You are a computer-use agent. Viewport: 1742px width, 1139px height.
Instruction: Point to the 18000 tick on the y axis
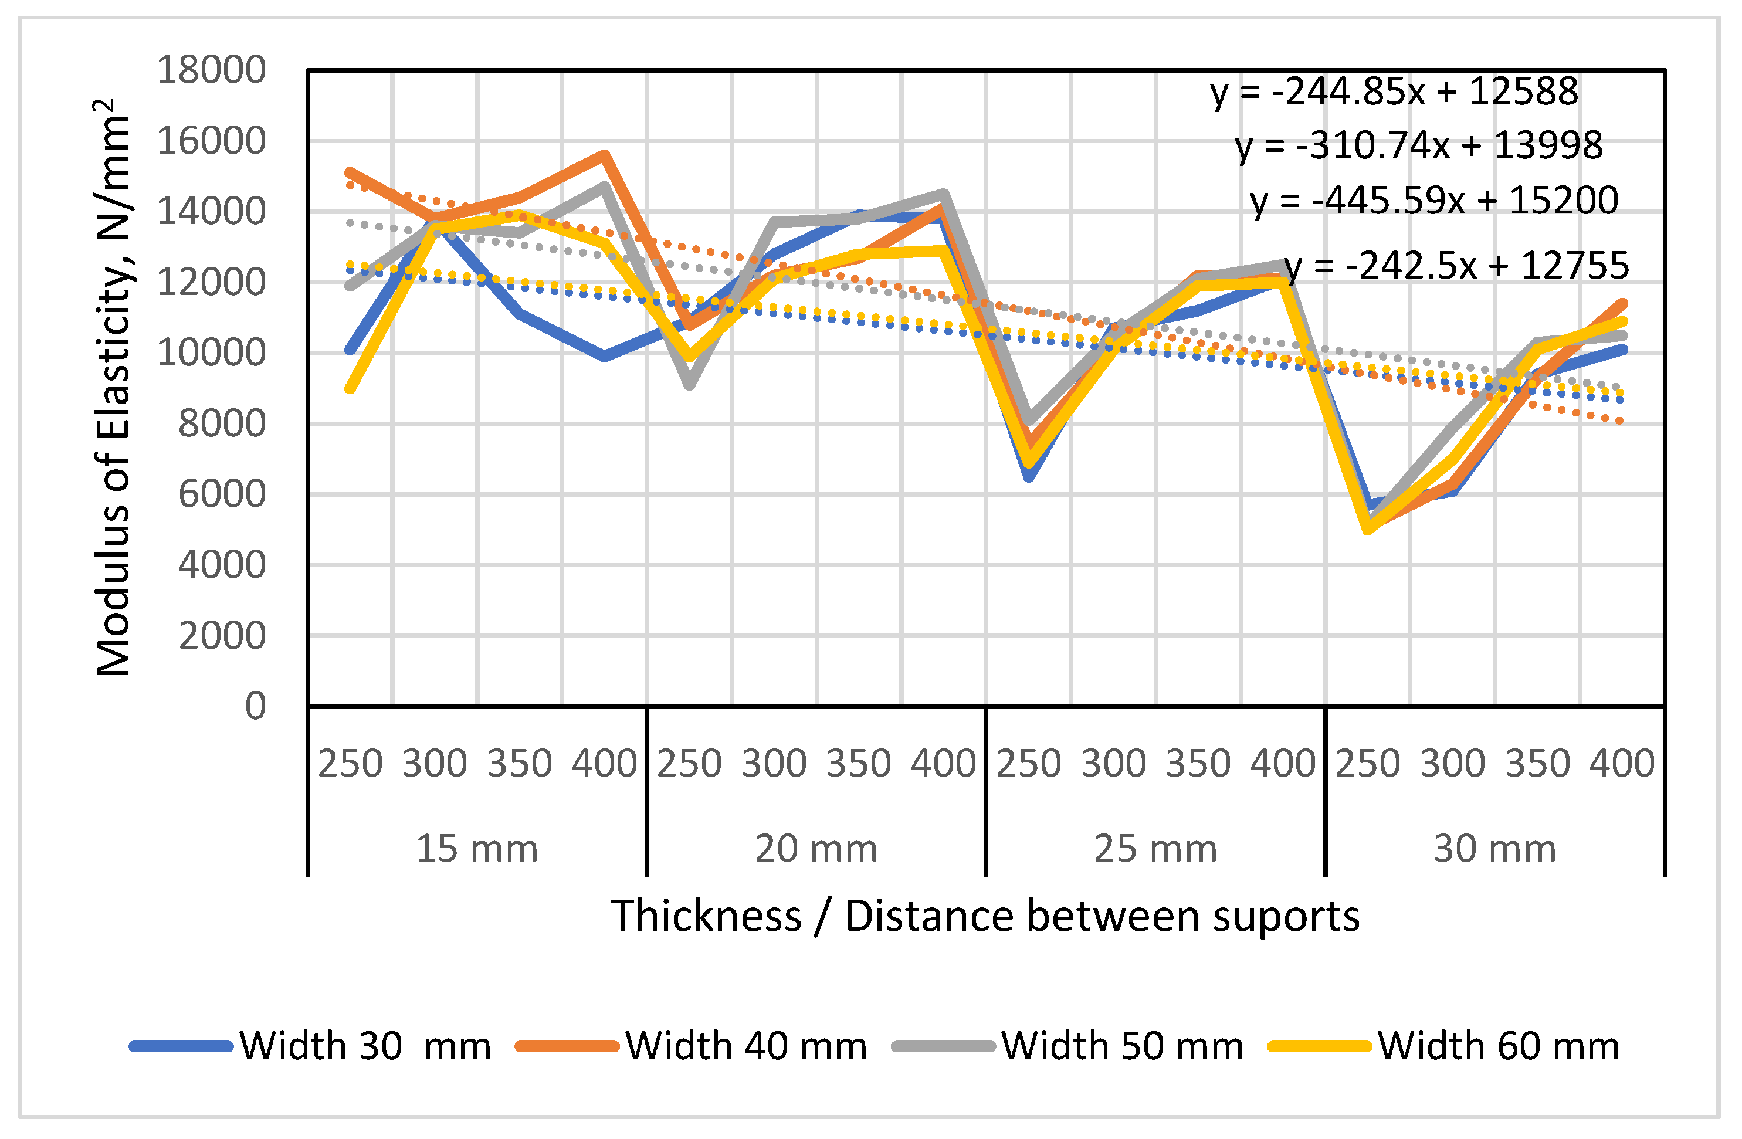(x=211, y=70)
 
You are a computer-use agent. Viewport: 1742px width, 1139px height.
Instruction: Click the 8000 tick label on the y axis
(x=221, y=424)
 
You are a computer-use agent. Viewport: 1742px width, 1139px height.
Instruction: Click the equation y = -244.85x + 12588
(x=1394, y=92)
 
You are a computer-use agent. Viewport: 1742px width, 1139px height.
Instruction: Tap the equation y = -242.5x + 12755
(x=1456, y=266)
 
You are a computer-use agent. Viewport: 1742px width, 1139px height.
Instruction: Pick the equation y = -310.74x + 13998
(x=1418, y=145)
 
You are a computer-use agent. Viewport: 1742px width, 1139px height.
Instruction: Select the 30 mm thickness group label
(x=1494, y=849)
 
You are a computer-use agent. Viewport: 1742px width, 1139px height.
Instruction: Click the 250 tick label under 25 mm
(x=1028, y=764)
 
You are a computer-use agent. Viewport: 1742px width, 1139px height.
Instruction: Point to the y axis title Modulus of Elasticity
(x=113, y=388)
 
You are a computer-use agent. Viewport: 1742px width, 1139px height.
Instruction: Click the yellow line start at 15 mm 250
(x=350, y=389)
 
